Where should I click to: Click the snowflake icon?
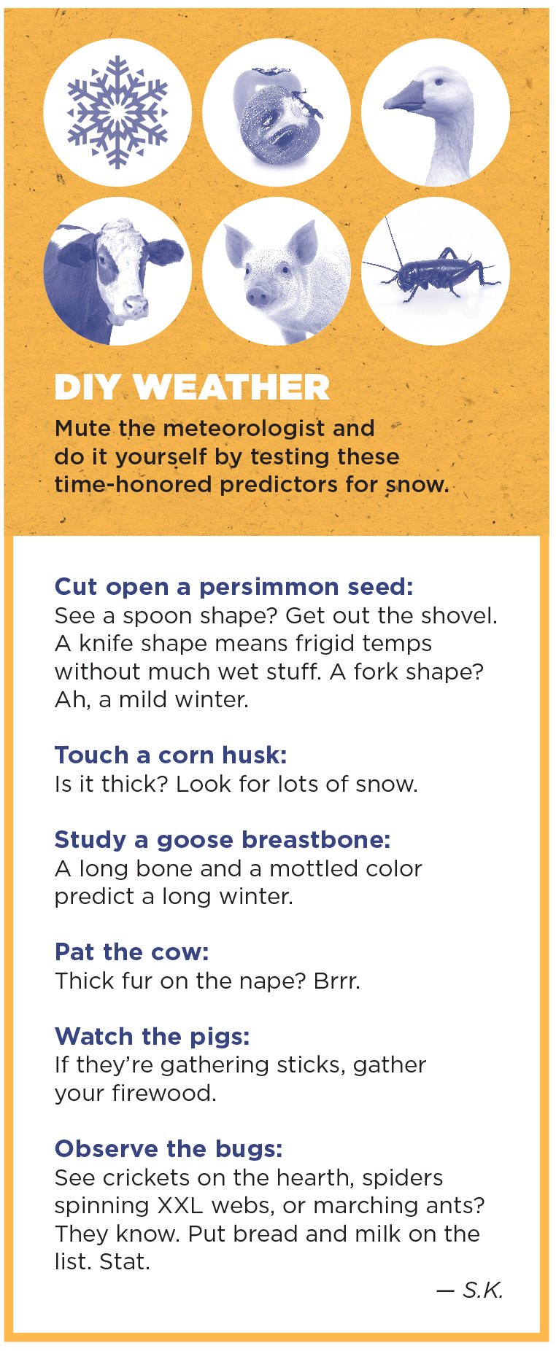pyautogui.click(x=117, y=112)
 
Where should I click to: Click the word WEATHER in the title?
pyautogui.click(x=232, y=387)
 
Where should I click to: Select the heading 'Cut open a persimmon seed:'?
pyautogui.click(x=234, y=587)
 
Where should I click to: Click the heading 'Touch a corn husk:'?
pyautogui.click(x=171, y=755)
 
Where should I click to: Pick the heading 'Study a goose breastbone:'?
pyautogui.click(x=223, y=841)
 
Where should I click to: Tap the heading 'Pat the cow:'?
pyautogui.click(x=132, y=952)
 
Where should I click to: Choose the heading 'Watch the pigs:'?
pyautogui.click(x=152, y=1037)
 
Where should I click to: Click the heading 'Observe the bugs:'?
pyautogui.click(x=169, y=1149)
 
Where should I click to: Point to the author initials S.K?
pyautogui.click(x=483, y=1290)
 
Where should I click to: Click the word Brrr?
pyautogui.click(x=336, y=981)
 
